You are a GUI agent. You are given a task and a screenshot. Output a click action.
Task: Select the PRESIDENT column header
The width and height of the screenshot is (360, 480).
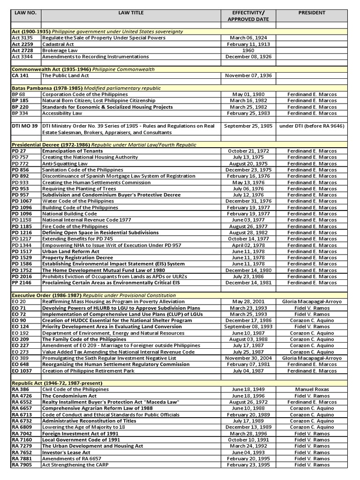click(x=312, y=13)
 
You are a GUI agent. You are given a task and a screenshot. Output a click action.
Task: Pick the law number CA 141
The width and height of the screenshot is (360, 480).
click(x=20, y=75)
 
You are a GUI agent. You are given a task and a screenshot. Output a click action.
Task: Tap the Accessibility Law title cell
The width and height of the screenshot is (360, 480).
click(x=62, y=113)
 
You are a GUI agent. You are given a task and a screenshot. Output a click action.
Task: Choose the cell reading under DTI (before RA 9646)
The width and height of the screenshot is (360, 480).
click(x=312, y=126)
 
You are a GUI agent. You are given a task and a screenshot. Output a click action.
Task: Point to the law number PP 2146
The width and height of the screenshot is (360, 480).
click(x=21, y=283)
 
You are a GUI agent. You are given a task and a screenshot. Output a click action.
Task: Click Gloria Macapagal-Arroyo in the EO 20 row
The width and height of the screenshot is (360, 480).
click(x=312, y=302)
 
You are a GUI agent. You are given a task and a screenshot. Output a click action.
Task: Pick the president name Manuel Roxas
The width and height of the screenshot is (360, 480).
click(x=312, y=390)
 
